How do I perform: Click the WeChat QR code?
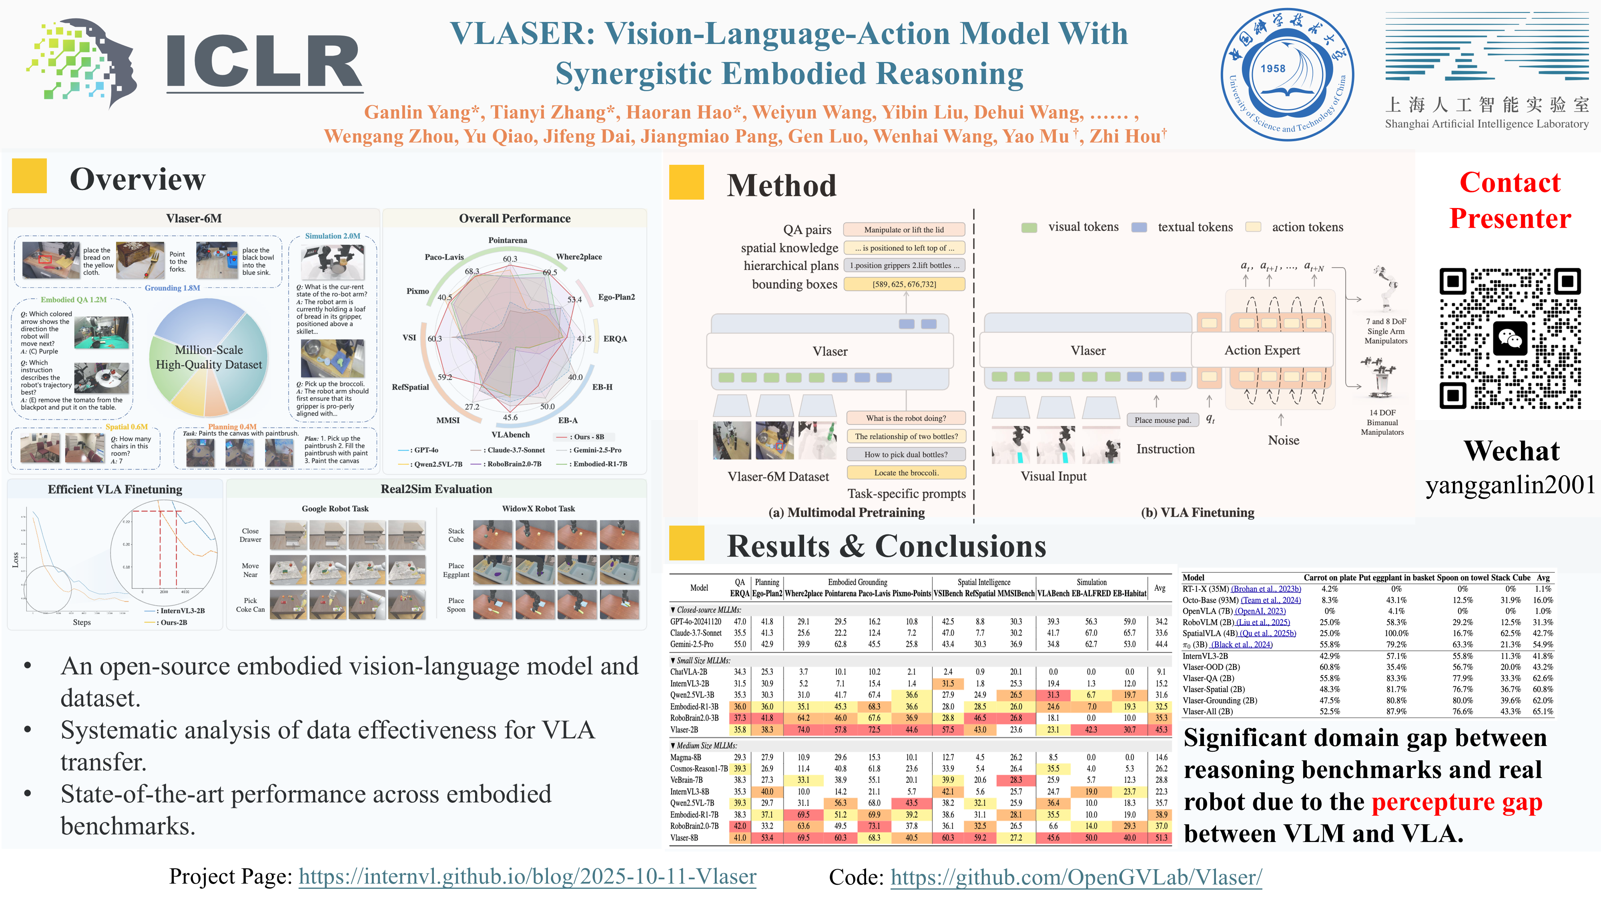[x=1510, y=338]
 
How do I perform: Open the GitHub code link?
[x=1076, y=877]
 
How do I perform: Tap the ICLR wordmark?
[x=264, y=62]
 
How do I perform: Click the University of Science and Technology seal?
[x=1287, y=74]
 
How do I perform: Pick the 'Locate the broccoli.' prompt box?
[x=906, y=473]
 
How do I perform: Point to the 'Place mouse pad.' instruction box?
[x=1162, y=420]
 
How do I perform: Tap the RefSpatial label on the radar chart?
[x=410, y=387]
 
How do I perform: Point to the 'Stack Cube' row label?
[x=456, y=536]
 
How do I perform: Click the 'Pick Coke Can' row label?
[x=251, y=605]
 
